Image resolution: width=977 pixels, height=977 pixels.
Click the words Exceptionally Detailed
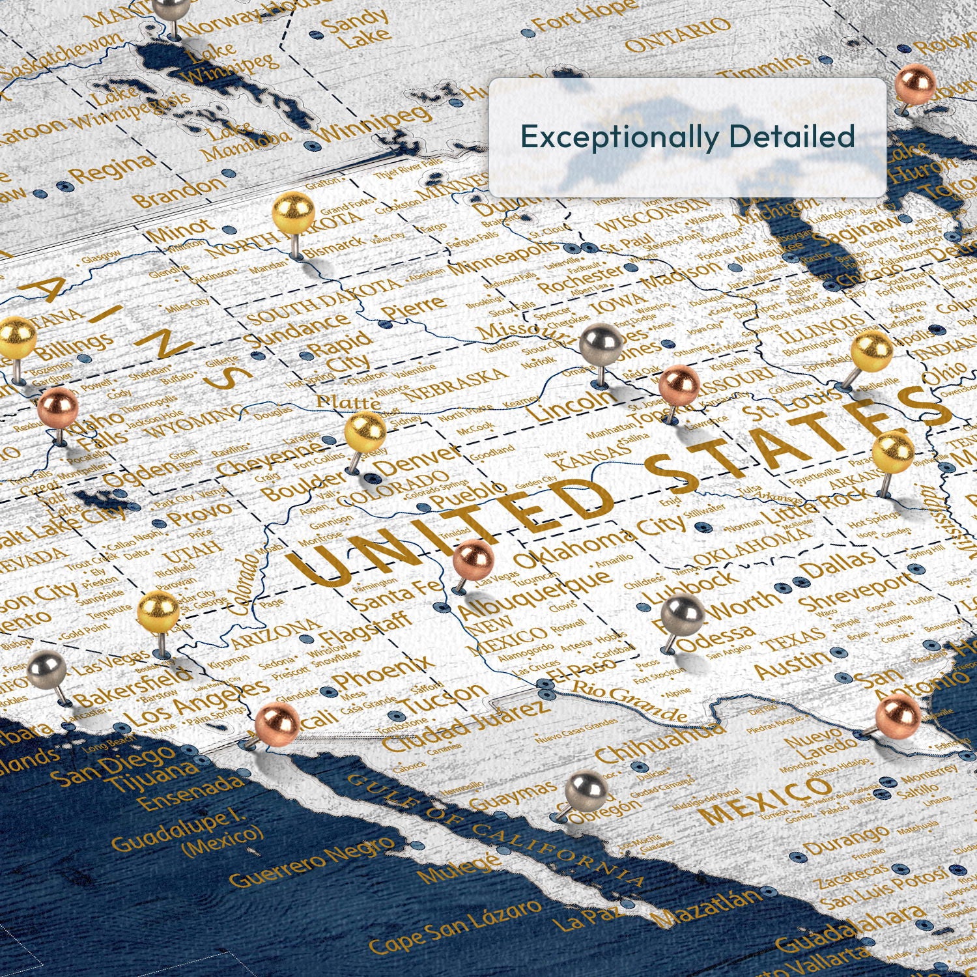click(687, 137)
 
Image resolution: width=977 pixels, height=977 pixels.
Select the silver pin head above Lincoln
click(600, 343)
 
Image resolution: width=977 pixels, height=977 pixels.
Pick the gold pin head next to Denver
click(365, 431)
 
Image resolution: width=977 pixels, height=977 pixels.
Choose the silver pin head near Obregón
click(586, 791)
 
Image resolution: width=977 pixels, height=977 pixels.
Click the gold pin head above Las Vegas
click(158, 612)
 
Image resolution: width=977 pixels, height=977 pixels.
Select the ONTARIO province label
click(677, 36)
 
